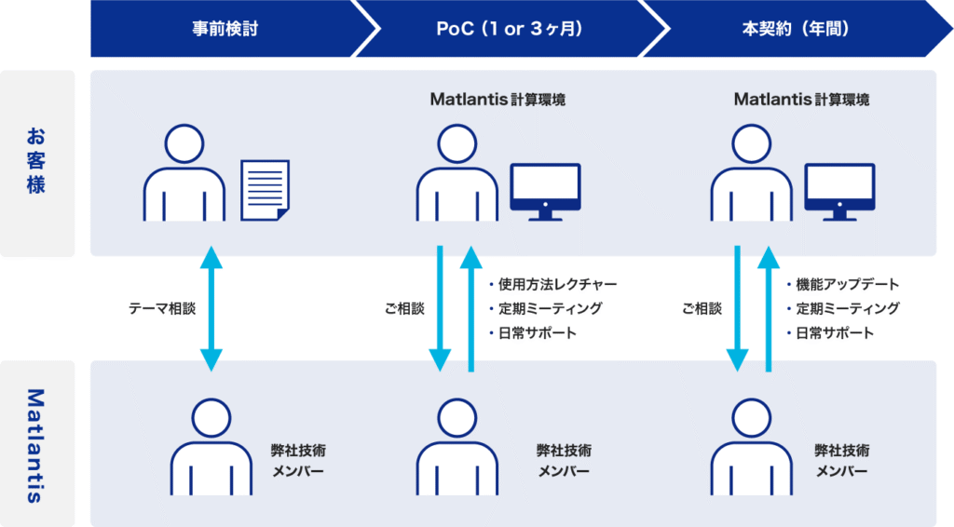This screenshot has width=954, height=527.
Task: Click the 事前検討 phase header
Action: click(225, 29)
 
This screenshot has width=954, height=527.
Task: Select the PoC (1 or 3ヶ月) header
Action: click(510, 29)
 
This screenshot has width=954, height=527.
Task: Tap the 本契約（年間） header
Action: click(796, 29)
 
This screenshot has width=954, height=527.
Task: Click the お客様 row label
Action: click(36, 160)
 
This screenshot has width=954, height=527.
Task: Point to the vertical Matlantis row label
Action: click(36, 446)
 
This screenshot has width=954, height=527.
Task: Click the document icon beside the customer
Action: click(265, 190)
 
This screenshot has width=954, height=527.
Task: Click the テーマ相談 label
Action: click(162, 309)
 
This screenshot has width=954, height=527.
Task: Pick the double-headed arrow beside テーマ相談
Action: click(211, 309)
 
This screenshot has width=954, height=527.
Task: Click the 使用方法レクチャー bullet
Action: click(553, 285)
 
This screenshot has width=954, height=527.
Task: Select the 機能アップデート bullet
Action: click(842, 285)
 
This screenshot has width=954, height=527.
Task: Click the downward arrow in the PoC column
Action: click(440, 309)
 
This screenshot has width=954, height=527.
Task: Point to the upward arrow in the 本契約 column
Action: click(769, 309)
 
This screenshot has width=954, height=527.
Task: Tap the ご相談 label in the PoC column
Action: click(404, 309)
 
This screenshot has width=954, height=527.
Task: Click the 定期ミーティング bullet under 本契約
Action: click(842, 309)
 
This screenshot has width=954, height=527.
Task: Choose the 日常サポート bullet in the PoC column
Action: click(532, 333)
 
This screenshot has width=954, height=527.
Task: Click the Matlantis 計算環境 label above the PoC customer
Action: click(497, 100)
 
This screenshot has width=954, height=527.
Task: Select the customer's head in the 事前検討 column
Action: click(184, 144)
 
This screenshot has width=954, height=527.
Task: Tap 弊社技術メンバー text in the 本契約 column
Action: click(842, 461)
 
